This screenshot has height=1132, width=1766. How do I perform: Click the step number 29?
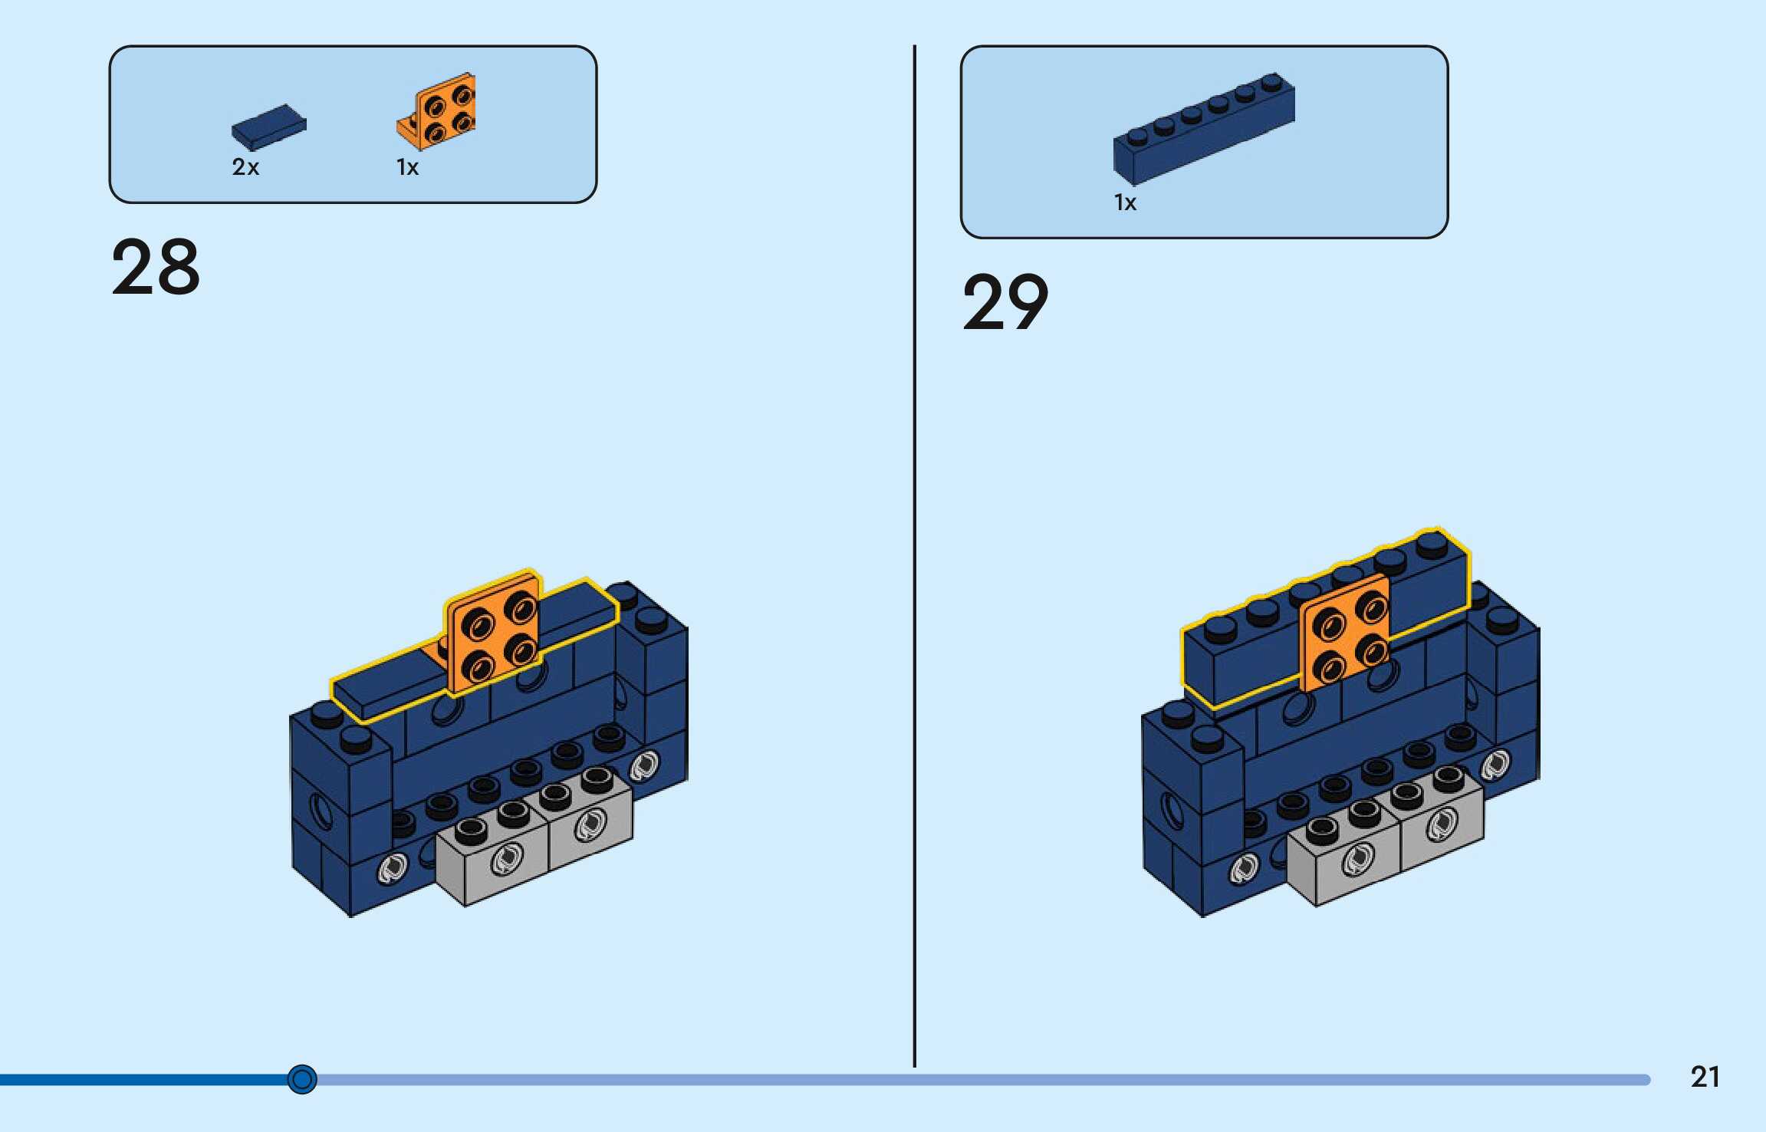1005,302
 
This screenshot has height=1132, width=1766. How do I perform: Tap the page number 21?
1705,1077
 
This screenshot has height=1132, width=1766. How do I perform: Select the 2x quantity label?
245,167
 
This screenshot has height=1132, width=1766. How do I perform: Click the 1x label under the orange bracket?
407,167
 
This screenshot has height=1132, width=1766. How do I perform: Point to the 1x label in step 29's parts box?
1125,202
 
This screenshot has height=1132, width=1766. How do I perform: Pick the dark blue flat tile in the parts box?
268,127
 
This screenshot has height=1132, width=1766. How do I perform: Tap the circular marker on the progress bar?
302,1079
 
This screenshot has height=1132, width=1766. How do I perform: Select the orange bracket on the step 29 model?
1346,631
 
